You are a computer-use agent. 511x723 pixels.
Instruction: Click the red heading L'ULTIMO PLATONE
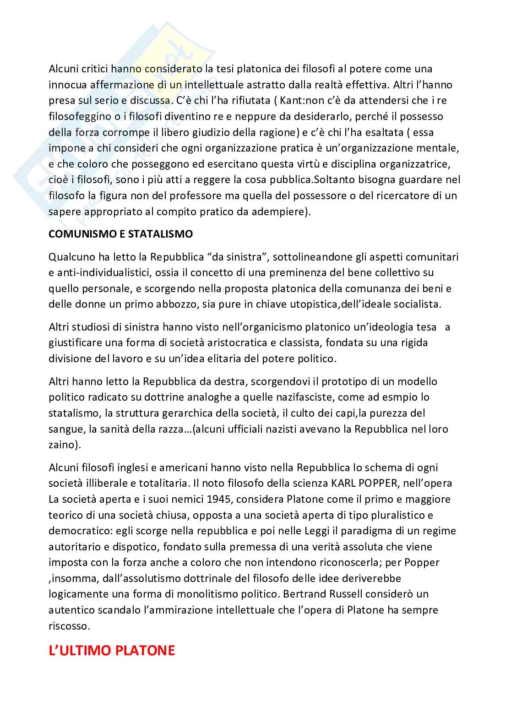click(112, 650)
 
